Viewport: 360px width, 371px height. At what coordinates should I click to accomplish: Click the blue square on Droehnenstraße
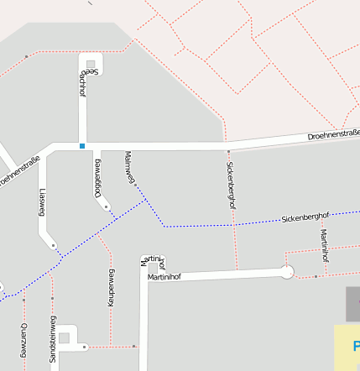pos(82,146)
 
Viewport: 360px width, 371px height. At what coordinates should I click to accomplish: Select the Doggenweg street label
pos(98,177)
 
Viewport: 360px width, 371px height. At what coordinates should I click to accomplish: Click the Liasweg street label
pos(42,201)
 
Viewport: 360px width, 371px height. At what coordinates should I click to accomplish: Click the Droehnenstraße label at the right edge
pos(333,133)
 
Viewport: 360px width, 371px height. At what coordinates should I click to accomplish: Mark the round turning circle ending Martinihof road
pos(287,271)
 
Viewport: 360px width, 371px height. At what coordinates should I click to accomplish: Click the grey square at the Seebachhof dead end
pos(91,63)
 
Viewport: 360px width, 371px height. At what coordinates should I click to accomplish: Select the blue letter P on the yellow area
pos(356,345)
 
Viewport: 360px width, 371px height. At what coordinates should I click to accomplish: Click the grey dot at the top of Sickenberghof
pos(228,152)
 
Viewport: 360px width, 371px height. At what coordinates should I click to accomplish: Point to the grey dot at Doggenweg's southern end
pos(107,206)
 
